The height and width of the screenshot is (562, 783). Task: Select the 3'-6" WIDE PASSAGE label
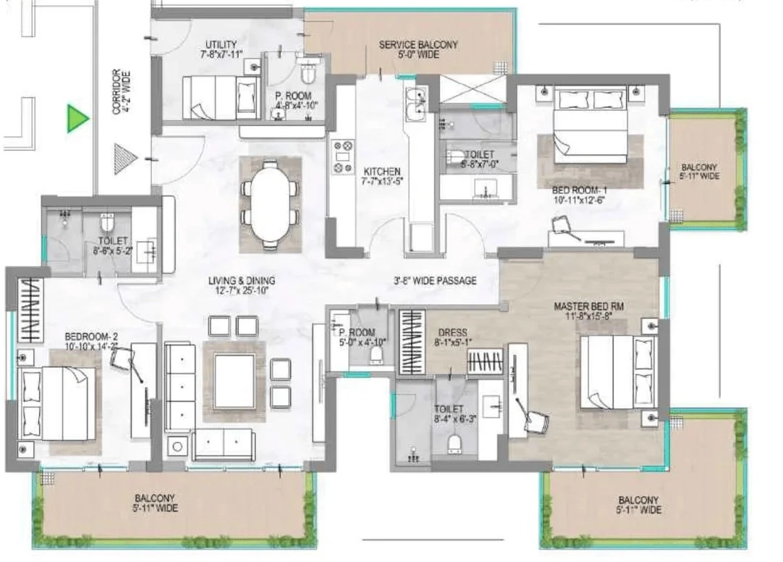435,280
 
